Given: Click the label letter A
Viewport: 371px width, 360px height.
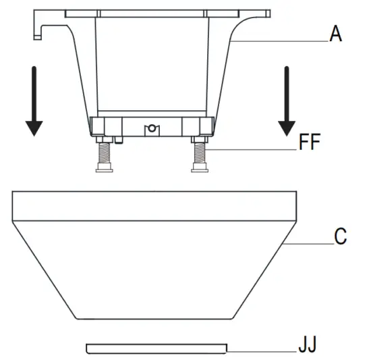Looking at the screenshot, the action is click(336, 34).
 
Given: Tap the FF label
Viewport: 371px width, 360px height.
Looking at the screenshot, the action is click(310, 142).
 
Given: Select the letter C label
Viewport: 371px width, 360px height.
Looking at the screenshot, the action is click(341, 236).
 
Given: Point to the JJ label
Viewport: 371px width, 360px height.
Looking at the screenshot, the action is click(308, 344).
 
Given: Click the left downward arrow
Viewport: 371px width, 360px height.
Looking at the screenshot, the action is click(34, 101).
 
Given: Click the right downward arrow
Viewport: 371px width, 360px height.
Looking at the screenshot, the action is click(287, 101).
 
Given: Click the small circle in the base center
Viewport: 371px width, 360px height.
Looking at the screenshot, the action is click(152, 128).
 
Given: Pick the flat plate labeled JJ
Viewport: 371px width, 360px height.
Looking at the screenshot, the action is click(156, 349).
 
